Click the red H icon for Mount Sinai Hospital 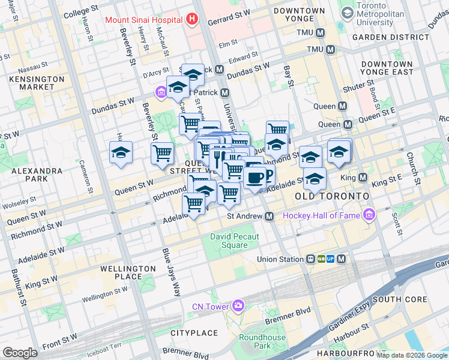click(191, 19)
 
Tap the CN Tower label click(210, 307)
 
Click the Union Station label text click(280, 259)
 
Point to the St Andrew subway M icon click(270, 216)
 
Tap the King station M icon click(363, 178)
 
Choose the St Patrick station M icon click(225, 92)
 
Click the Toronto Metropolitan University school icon click(347, 13)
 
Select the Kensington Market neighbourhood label click(37, 83)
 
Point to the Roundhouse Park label click(262, 341)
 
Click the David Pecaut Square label click(235, 241)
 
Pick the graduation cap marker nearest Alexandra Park click(121, 152)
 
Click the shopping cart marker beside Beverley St click(162, 153)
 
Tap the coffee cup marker click(255, 178)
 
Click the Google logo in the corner click(20, 353)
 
